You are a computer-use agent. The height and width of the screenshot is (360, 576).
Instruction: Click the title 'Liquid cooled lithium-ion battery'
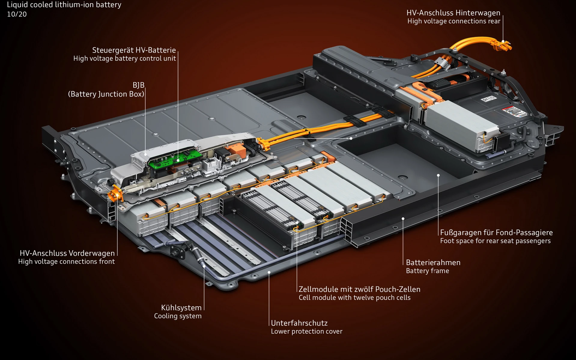tap(64, 5)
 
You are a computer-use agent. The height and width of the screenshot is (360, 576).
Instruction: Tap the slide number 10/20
tap(17, 14)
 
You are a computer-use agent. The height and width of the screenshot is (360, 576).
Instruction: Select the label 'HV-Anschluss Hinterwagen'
tap(453, 13)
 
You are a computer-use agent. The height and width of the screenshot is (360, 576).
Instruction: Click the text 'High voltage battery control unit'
tap(124, 58)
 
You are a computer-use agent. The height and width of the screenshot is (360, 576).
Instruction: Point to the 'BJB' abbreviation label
tap(138, 85)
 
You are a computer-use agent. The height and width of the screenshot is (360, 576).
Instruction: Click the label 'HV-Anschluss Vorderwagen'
tap(67, 253)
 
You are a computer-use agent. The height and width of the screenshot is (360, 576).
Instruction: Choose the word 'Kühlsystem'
tap(181, 307)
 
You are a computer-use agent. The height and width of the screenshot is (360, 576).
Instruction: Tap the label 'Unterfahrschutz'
tap(299, 323)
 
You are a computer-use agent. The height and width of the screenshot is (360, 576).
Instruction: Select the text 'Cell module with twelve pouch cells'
tap(354, 298)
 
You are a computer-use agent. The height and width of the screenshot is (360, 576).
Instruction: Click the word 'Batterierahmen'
tap(433, 262)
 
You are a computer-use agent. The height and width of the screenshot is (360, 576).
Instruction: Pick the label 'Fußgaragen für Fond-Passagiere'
tap(496, 232)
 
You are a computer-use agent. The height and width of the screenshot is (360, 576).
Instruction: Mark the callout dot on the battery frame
tap(403, 219)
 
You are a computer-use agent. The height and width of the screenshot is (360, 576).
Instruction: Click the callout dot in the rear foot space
tap(438, 175)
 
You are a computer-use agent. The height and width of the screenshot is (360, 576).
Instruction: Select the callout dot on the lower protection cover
tap(269, 272)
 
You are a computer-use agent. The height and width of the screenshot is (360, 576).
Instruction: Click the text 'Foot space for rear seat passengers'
tap(495, 241)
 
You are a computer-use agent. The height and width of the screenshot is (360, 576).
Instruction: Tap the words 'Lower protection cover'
tap(306, 331)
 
